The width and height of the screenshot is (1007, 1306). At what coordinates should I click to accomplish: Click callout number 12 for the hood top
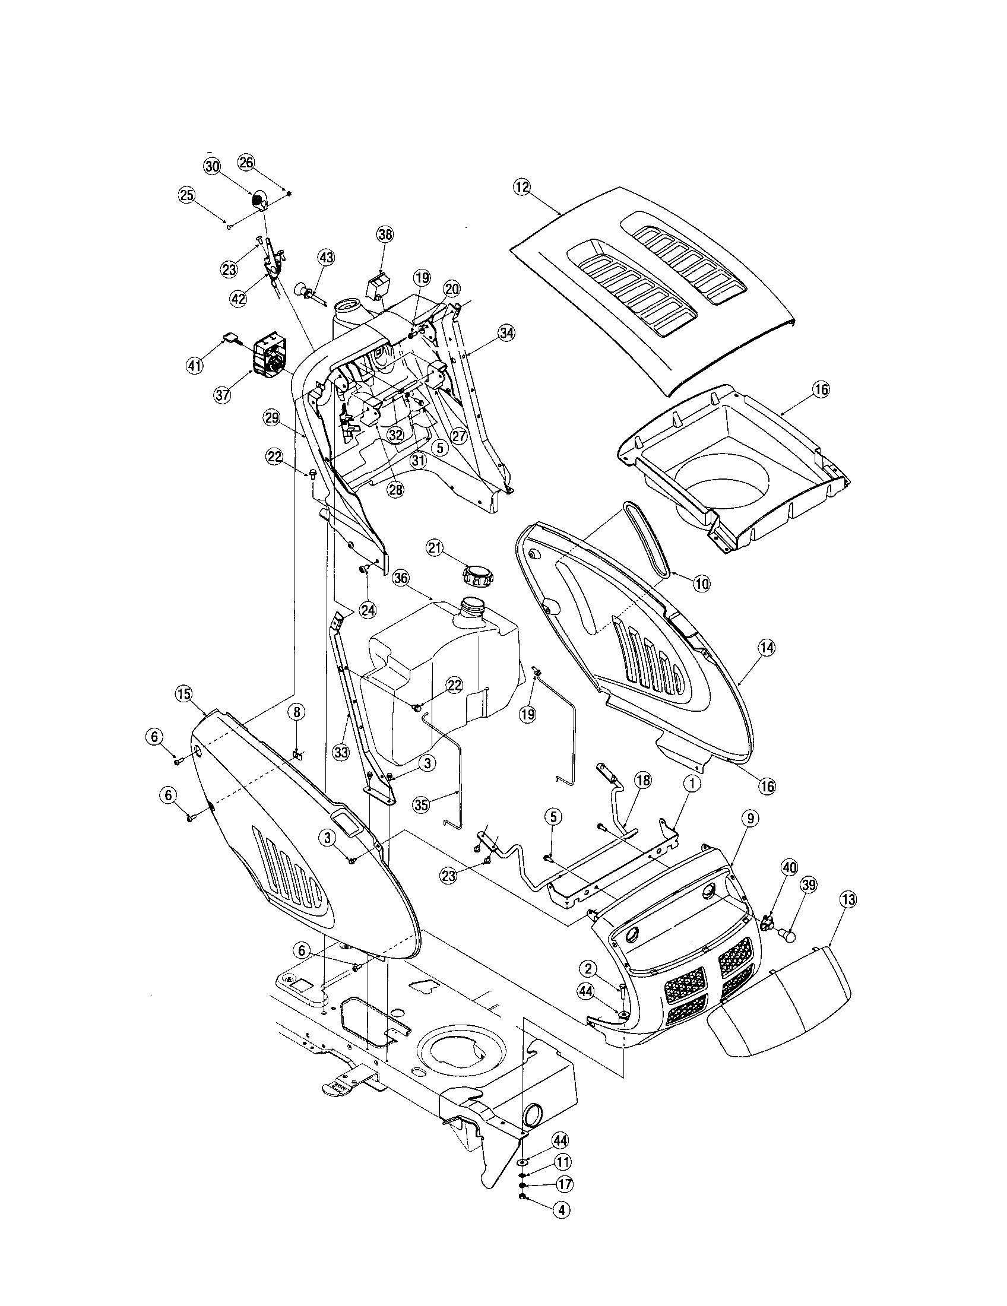click(x=521, y=187)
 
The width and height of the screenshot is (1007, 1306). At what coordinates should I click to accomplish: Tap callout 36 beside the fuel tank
click(x=401, y=578)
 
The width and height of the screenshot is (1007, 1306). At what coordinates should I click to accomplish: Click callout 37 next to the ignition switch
click(x=223, y=395)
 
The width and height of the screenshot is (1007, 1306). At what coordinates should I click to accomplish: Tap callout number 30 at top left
click(x=213, y=167)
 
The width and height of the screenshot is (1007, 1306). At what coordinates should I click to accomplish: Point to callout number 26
click(x=246, y=162)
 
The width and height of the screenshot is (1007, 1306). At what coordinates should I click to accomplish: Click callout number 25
click(x=186, y=194)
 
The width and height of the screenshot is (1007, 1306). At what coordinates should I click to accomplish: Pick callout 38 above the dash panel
click(x=385, y=234)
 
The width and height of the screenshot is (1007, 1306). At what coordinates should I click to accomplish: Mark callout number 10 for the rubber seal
click(x=702, y=584)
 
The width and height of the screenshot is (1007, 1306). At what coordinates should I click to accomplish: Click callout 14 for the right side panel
click(x=767, y=646)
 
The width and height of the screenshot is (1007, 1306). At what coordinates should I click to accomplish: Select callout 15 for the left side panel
click(x=183, y=693)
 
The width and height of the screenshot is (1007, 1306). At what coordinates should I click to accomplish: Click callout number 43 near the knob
click(x=326, y=258)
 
